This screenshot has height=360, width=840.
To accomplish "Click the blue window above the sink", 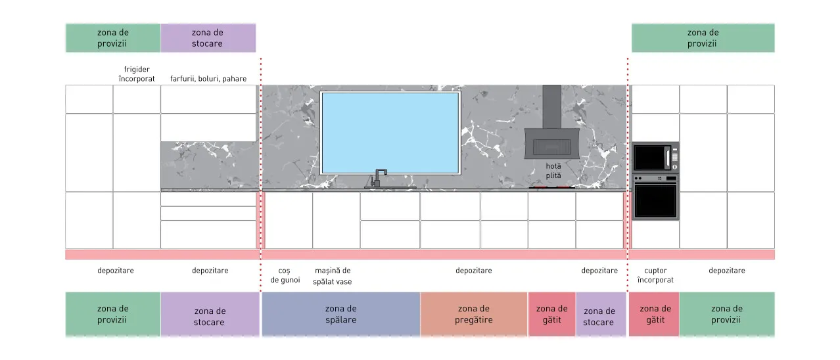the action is [390, 133].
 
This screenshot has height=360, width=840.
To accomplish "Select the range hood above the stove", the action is [551, 122].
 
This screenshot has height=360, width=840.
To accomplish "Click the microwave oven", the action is [655, 158].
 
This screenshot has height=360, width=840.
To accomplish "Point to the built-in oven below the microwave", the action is [655, 197].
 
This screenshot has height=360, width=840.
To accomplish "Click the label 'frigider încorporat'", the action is [137, 74].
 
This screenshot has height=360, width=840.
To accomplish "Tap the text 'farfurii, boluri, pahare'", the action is [208, 79].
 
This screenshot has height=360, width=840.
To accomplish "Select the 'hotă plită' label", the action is [553, 170].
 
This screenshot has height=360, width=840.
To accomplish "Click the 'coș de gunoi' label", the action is [285, 275].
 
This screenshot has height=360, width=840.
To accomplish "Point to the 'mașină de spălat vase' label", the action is [333, 276].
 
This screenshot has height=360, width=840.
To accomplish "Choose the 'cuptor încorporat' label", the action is [655, 275].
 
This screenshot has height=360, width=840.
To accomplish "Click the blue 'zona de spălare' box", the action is [341, 314].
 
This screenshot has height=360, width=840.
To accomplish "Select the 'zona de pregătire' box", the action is [474, 314].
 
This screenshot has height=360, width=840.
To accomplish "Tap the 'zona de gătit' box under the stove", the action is [551, 314].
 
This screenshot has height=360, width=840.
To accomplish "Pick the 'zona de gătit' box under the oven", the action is [654, 314].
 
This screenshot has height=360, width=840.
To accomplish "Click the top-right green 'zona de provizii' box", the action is [703, 38].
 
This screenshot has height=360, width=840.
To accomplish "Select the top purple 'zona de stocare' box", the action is [208, 38].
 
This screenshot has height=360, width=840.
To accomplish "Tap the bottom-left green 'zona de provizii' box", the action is [113, 314].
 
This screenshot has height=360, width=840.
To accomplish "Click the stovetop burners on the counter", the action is [551, 187].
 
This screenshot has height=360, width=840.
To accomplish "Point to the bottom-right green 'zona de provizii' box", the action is [727, 314].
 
